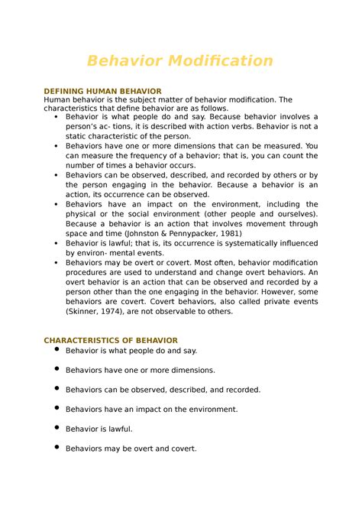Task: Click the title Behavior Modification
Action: click(180, 60)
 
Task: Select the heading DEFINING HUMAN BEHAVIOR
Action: click(102, 91)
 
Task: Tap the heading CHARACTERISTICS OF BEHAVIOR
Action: click(111, 340)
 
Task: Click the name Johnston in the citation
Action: click(154, 232)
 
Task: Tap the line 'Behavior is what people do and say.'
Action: click(131, 350)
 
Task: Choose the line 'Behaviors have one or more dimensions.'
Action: click(141, 370)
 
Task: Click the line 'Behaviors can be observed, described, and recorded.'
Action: click(163, 390)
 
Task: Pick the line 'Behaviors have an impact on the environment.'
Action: click(152, 410)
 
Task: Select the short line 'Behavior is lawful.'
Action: click(99, 429)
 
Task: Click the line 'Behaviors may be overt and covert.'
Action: click(131, 449)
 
